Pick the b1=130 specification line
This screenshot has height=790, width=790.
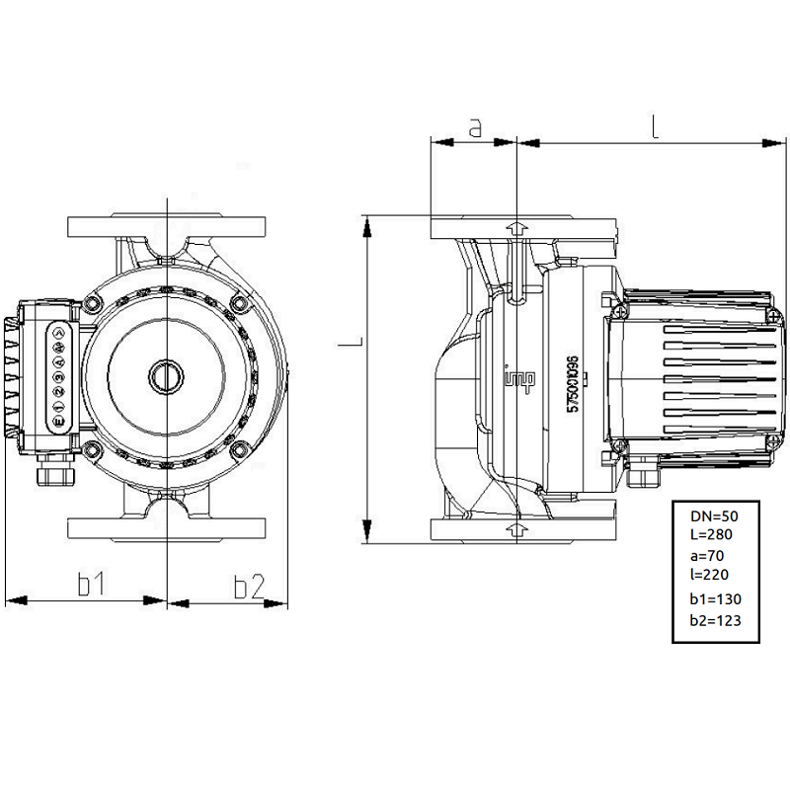coord(715,598)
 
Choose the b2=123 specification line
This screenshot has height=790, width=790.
coord(715,620)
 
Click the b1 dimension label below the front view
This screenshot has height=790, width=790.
coord(92,586)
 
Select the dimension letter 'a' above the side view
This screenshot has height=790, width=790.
coord(474,127)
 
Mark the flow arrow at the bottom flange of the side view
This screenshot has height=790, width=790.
coord(515,530)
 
